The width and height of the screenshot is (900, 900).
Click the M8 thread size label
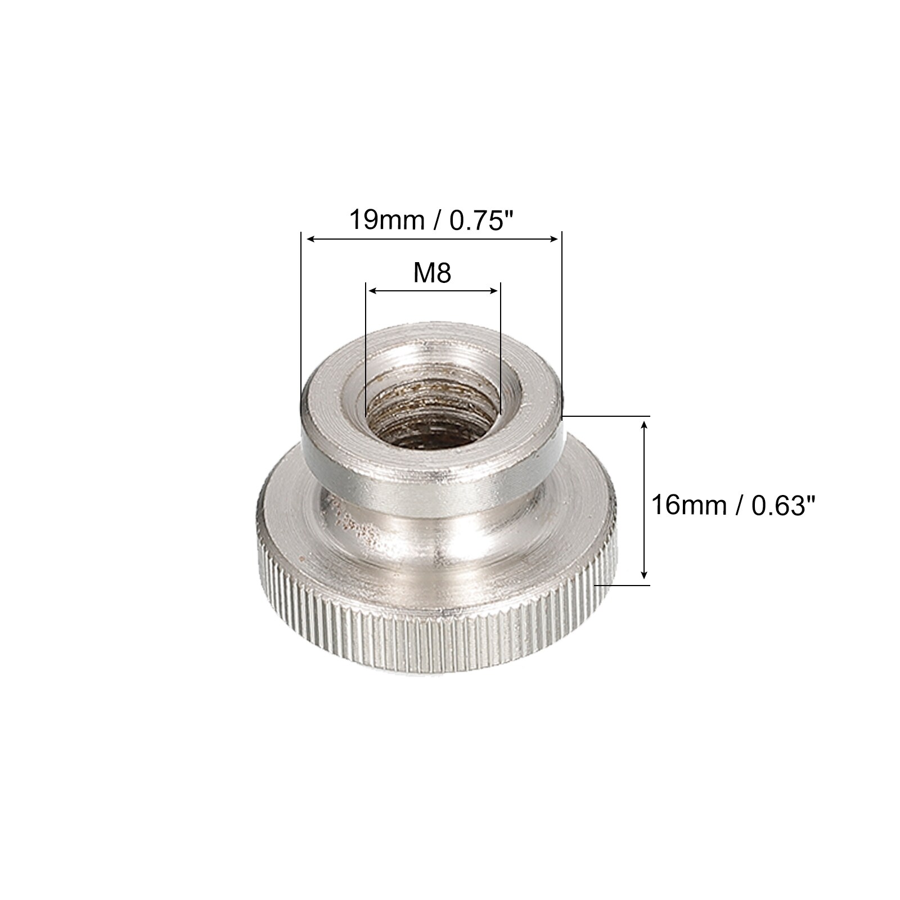click(x=432, y=273)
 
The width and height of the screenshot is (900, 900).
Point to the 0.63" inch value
click(x=783, y=505)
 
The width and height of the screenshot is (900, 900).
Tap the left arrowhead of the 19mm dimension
click(x=309, y=239)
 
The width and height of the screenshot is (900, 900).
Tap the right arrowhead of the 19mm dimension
click(x=555, y=239)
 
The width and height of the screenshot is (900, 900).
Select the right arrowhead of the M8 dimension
click(x=492, y=291)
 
